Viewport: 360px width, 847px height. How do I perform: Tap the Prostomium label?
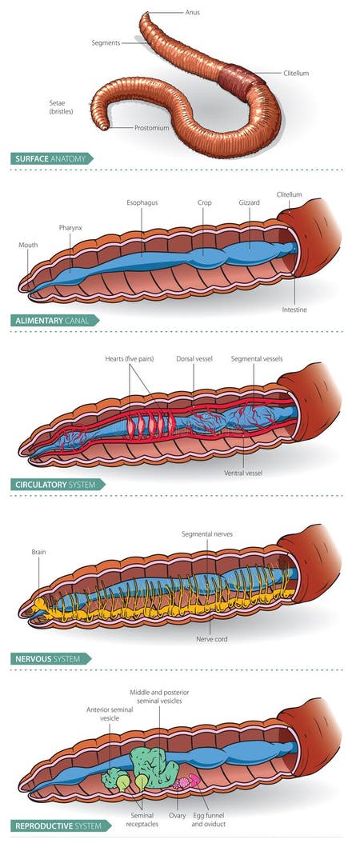152,127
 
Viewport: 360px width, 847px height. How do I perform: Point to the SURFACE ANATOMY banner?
52,158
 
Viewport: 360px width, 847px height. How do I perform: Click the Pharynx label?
70,228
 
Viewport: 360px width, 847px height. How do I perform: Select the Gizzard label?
249,203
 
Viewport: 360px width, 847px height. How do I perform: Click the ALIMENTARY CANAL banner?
54,321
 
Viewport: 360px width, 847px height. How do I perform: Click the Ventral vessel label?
243,473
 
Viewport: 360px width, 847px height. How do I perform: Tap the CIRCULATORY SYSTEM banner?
58,484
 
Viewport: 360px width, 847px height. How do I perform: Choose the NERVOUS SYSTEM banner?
50,659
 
